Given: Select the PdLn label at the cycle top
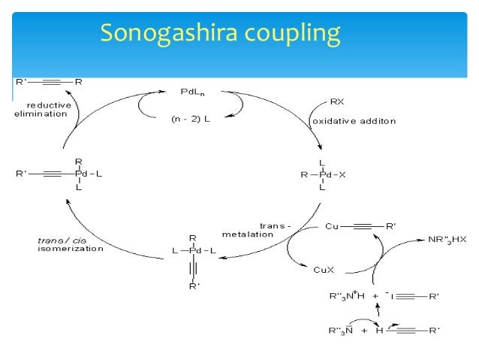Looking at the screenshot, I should click(192, 91).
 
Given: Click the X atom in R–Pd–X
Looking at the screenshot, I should click(343, 174).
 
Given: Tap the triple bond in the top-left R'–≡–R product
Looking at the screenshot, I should click(57, 79).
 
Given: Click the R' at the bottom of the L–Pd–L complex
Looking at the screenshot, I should click(194, 286).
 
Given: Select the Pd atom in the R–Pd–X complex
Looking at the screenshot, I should click(322, 174).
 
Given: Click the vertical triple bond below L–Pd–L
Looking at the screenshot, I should click(193, 268).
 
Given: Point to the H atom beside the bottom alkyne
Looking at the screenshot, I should click(380, 330).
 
